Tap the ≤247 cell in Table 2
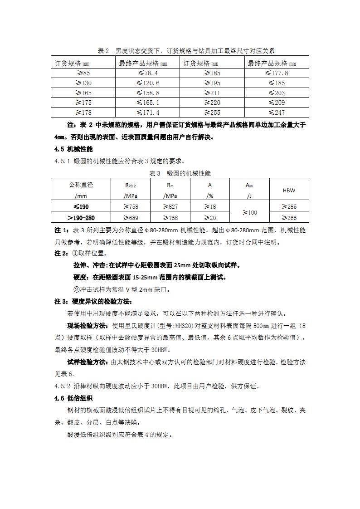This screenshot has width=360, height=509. tap(277, 113)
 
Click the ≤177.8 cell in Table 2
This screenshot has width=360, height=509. tap(277, 73)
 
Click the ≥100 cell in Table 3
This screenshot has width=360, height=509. tap(250, 212)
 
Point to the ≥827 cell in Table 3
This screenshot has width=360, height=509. tap(170, 207)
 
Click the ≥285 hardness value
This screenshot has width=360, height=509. tap(289, 207)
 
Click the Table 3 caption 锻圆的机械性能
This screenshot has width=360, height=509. tap(189, 174)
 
